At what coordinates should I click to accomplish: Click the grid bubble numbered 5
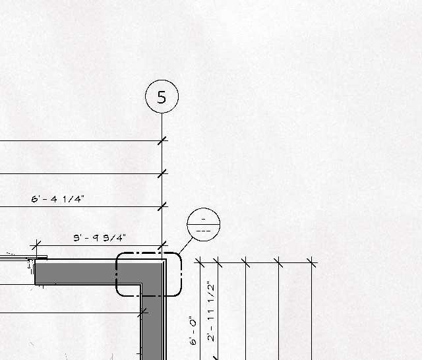pos(162,97)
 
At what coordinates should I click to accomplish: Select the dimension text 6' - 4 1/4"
pos(58,198)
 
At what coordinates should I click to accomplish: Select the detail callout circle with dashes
pos(203,224)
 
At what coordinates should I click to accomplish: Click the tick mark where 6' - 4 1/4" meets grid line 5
pos(162,206)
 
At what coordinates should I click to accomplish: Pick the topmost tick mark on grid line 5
pos(162,140)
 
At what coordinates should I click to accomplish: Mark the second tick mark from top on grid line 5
pos(162,173)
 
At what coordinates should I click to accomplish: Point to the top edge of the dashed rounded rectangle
pos(148,253)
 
